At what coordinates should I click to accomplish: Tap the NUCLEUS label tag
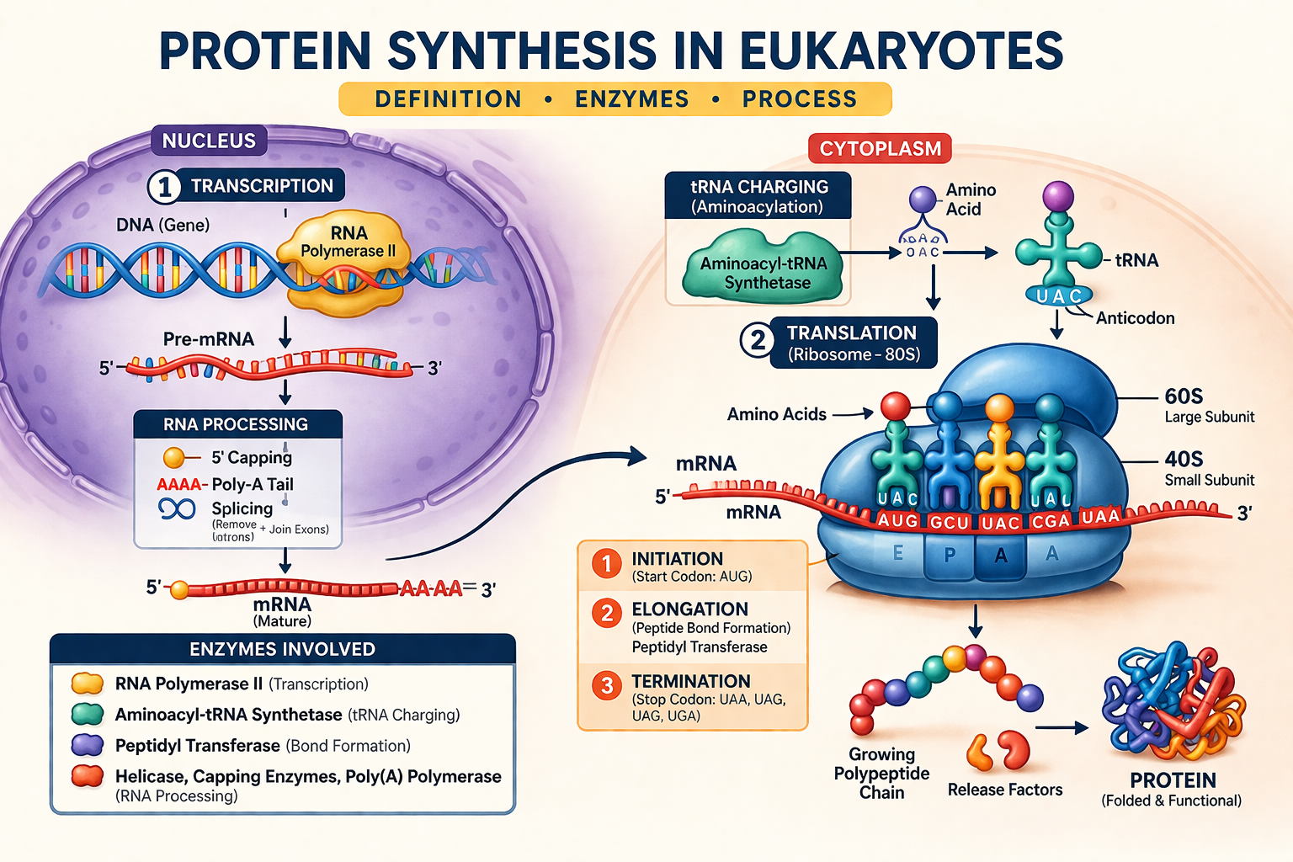[x=209, y=141]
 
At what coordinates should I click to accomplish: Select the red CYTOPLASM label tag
[x=880, y=149]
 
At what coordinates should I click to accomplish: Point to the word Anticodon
[x=1135, y=318]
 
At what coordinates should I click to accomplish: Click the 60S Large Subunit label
[x=1209, y=405]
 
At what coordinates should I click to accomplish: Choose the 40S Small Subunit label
[x=1209, y=468]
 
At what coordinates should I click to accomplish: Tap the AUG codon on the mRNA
[x=897, y=521]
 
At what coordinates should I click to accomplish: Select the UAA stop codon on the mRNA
[x=1099, y=517]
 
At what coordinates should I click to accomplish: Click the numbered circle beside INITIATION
[x=606, y=563]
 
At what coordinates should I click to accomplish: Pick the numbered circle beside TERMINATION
[x=606, y=686]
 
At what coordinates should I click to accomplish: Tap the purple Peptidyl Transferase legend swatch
[x=88, y=745]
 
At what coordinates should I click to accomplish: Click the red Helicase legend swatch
[x=88, y=776]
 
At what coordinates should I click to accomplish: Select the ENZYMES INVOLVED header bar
[x=282, y=649]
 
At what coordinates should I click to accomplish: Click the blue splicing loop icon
[x=177, y=508]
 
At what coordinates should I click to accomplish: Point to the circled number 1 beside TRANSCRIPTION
[x=164, y=187]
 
